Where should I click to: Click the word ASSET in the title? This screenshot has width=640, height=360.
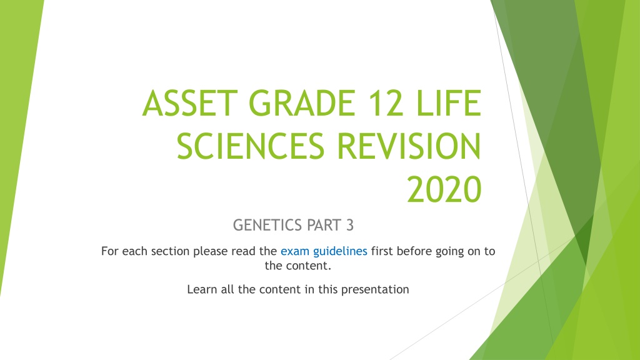(190, 103)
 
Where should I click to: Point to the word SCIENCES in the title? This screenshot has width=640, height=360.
(250, 146)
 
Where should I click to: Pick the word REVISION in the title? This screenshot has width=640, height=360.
(409, 146)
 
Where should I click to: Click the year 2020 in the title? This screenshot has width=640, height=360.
(444, 189)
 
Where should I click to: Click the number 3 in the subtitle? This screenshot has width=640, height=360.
(350, 225)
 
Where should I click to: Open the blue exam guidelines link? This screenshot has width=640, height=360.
(324, 251)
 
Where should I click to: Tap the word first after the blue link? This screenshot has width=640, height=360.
(382, 251)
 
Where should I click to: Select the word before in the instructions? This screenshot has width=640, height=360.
(414, 251)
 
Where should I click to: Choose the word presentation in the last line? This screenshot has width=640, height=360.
(375, 290)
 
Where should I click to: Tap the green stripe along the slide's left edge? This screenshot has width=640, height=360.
(18, 122)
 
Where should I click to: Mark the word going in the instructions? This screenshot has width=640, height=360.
(449, 252)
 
